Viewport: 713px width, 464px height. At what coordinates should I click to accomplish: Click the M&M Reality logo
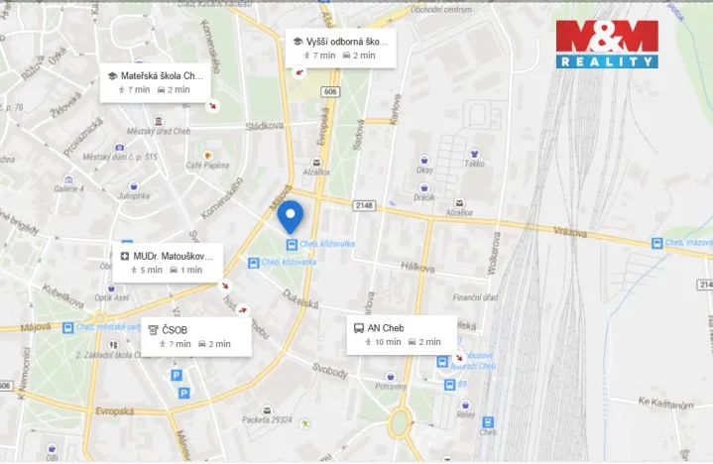607,43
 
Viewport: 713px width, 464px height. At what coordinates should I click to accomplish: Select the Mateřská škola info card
159,82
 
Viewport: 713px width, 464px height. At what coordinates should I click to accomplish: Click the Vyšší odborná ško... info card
340,48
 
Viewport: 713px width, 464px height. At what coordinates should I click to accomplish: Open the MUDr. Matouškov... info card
167,262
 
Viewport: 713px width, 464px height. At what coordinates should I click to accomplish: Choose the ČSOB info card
194,336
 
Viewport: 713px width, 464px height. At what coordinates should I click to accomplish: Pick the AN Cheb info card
402,334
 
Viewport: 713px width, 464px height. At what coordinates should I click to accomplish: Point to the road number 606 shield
330,91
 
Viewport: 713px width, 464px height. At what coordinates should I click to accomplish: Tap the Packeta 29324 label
267,419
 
